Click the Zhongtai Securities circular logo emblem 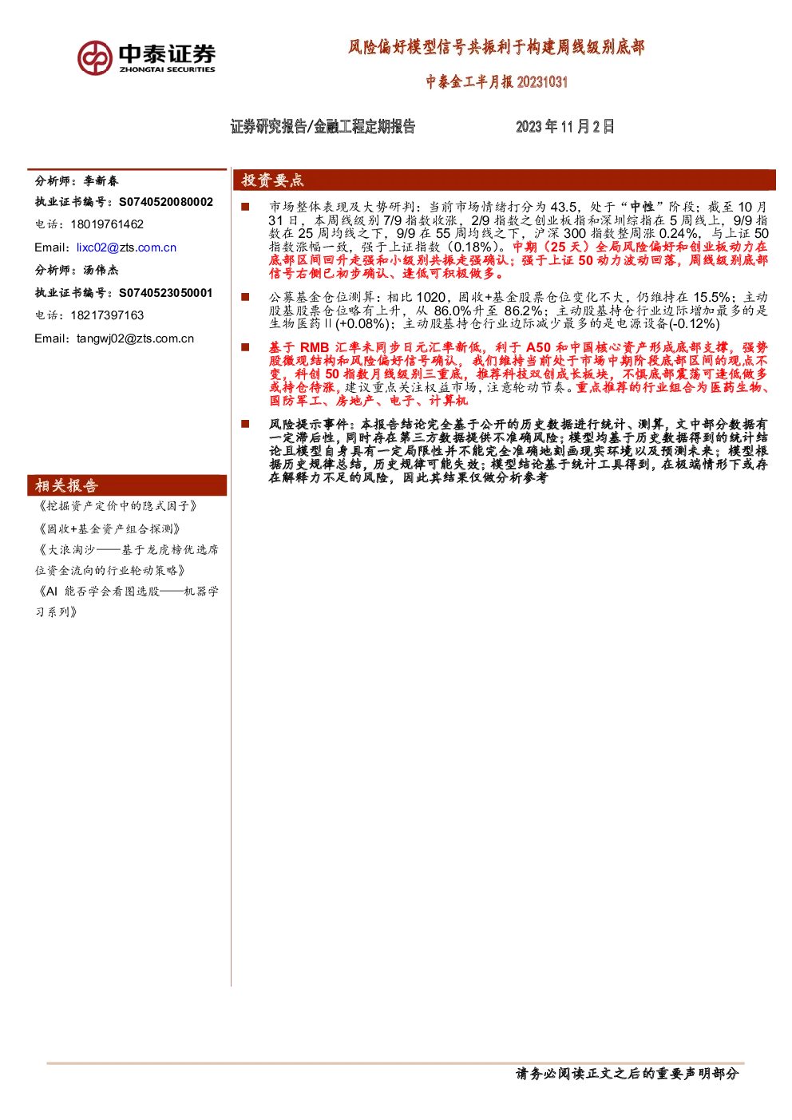(x=95, y=58)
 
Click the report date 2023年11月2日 (x=564, y=127)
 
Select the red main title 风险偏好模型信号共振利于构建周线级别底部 (x=496, y=48)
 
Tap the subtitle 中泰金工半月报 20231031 (x=497, y=81)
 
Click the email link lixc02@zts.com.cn (x=126, y=247)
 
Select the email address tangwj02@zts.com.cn (x=135, y=338)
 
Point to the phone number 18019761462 (x=107, y=224)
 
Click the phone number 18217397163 (x=107, y=315)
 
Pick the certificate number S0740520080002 (x=165, y=202)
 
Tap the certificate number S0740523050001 (x=165, y=293)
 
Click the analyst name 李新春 (x=101, y=181)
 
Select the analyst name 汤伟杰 (x=101, y=271)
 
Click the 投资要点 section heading (x=272, y=180)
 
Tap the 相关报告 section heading (x=66, y=485)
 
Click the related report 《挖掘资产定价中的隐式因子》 (x=117, y=506)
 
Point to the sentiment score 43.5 (x=564, y=207)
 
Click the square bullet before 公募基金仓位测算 (x=245, y=297)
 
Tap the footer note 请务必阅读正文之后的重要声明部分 (x=627, y=1074)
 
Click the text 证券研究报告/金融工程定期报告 (x=323, y=127)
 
